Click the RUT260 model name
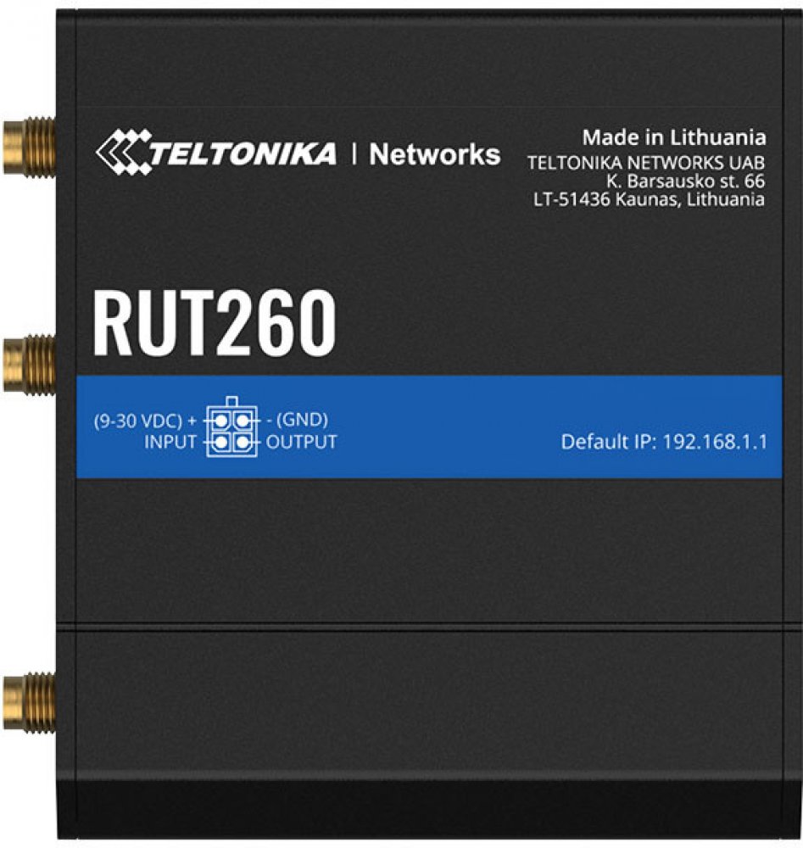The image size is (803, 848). click(x=215, y=322)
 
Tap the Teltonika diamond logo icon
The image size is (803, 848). click(x=123, y=152)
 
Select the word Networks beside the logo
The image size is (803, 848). click(x=435, y=154)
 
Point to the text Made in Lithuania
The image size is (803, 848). click(x=674, y=137)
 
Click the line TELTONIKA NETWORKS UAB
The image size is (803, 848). click(x=646, y=163)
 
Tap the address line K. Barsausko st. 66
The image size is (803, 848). click(x=685, y=181)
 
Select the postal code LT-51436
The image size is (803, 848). click(x=572, y=199)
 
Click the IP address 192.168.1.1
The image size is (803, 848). click(x=715, y=442)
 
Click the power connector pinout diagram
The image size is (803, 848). click(x=232, y=427)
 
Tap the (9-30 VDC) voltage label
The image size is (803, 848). click(x=138, y=421)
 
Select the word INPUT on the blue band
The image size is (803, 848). click(x=170, y=443)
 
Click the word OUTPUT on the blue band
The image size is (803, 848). click(x=302, y=443)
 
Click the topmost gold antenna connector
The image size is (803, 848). click(x=29, y=146)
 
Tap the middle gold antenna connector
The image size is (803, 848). click(x=29, y=364)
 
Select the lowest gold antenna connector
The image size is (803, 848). click(x=29, y=701)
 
